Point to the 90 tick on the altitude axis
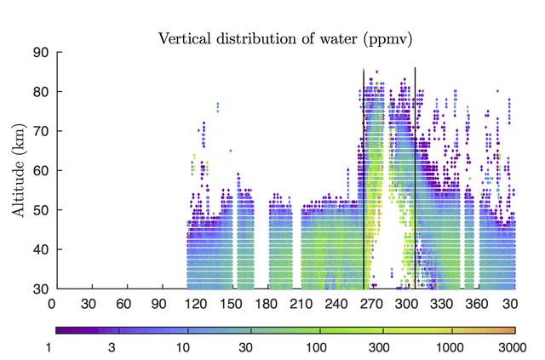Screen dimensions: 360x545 click(x=41, y=52)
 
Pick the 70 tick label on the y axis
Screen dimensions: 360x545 click(x=41, y=131)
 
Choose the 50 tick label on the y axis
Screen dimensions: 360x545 click(x=41, y=210)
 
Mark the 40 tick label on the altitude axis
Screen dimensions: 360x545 click(x=41, y=249)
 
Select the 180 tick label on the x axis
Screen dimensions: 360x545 click(x=268, y=303)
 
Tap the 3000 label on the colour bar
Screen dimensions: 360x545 click(x=513, y=348)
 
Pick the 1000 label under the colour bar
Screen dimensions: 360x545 click(x=450, y=348)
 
